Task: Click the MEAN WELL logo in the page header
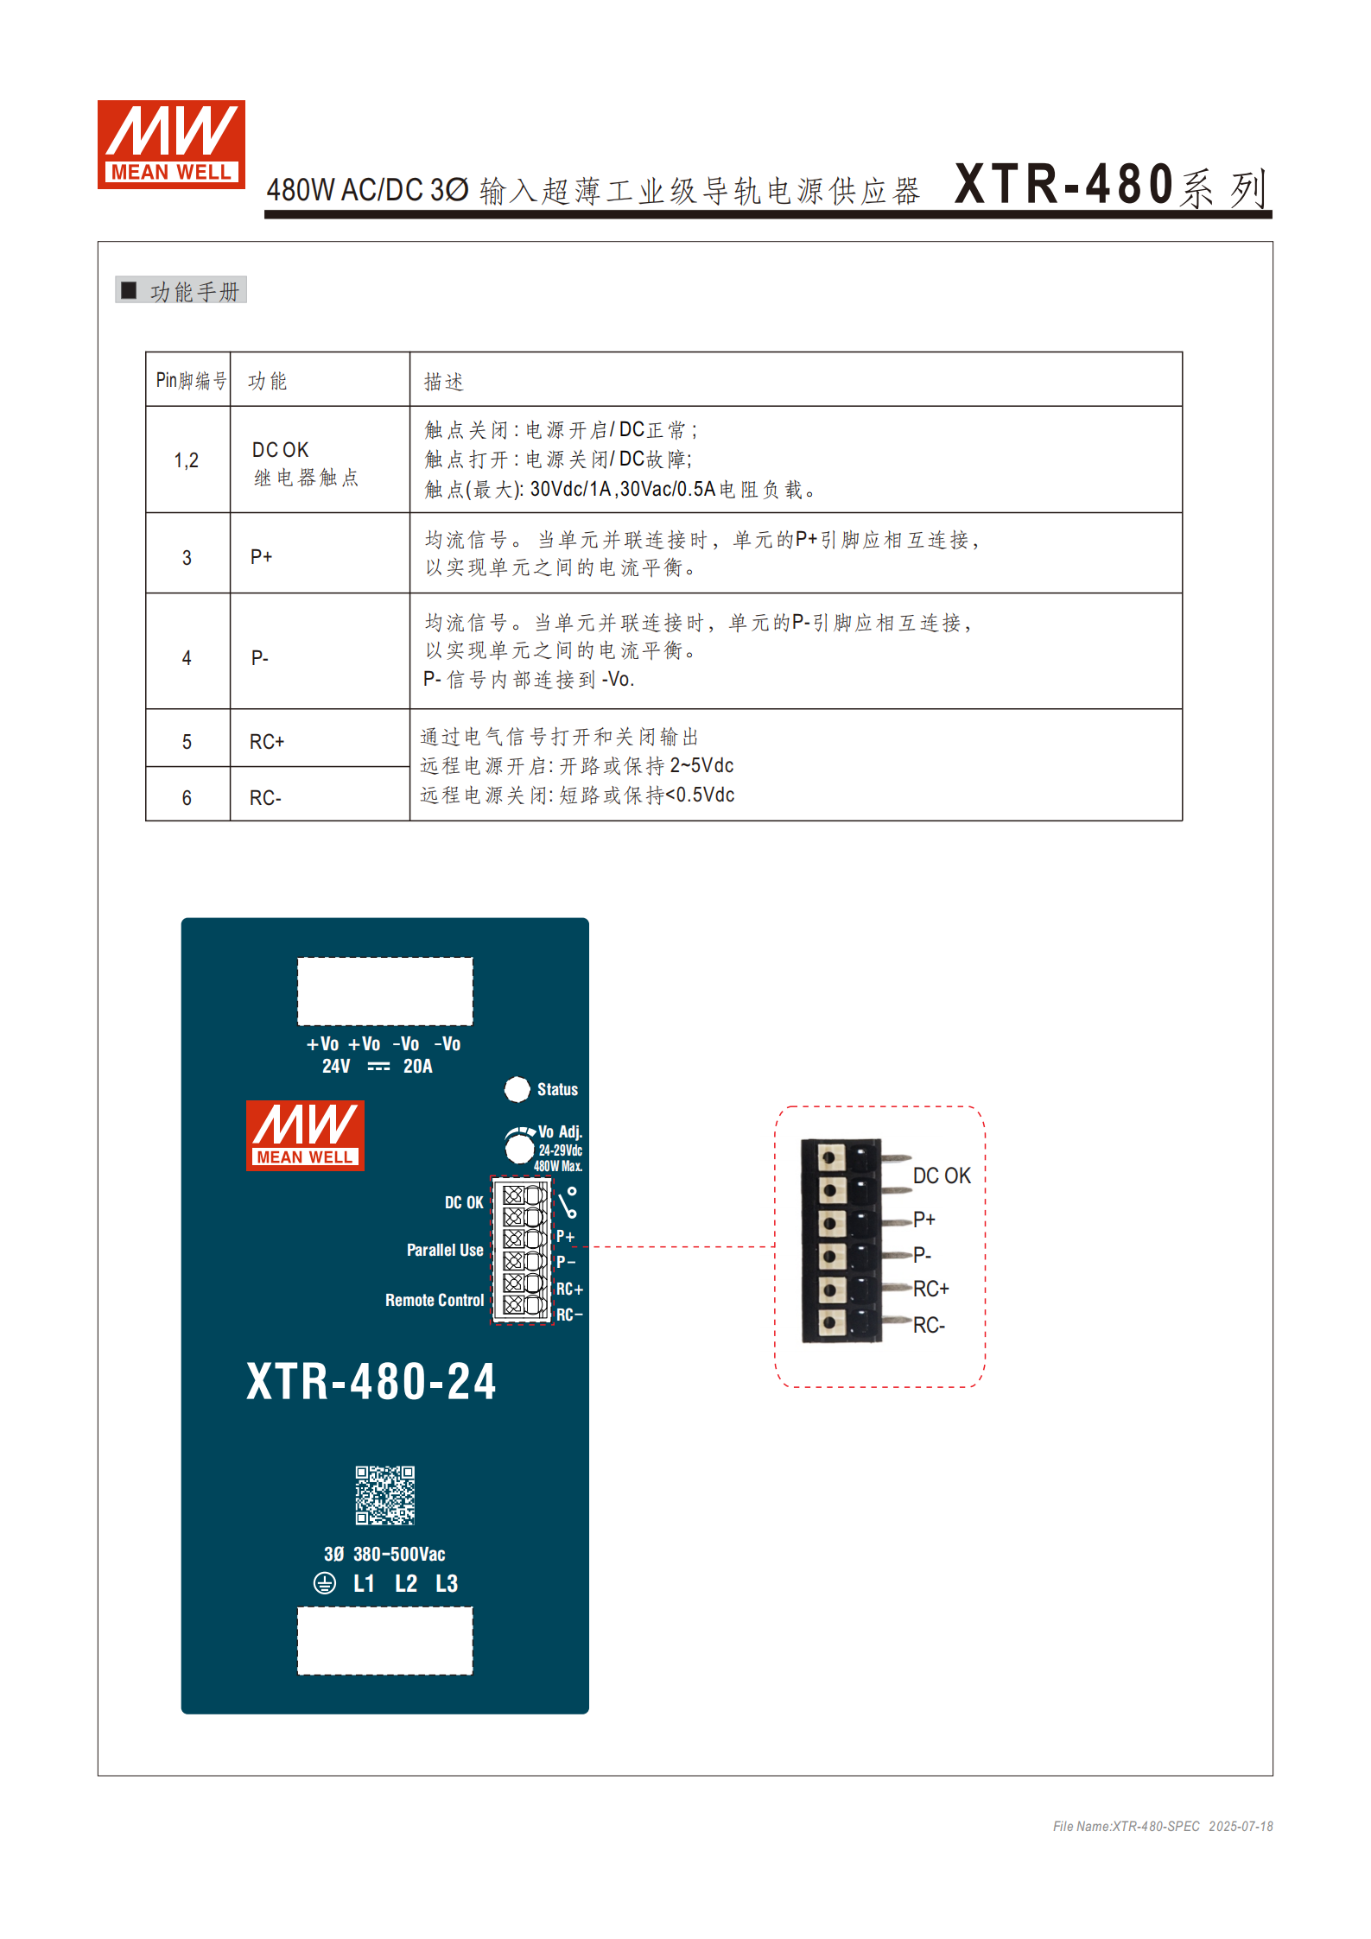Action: coord(171,144)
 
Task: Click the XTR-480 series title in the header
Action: coord(1109,186)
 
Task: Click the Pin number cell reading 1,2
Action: coord(187,460)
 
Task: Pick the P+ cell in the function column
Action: coord(262,557)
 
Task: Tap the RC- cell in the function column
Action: coord(266,798)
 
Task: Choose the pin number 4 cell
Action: coord(187,658)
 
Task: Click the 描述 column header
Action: coord(444,381)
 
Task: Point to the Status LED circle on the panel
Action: coord(517,1089)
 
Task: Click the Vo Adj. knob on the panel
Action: coord(519,1148)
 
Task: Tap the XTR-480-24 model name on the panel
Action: coord(371,1381)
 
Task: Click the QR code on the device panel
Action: coord(385,1495)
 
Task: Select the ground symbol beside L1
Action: coord(325,1583)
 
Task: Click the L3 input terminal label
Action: coord(447,1583)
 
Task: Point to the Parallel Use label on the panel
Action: coord(445,1250)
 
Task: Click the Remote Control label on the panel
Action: coord(435,1300)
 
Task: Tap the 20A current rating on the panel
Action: coord(418,1067)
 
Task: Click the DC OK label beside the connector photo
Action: coord(942,1175)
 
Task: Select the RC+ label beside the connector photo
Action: coord(931,1289)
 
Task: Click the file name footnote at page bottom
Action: coord(1162,1826)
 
